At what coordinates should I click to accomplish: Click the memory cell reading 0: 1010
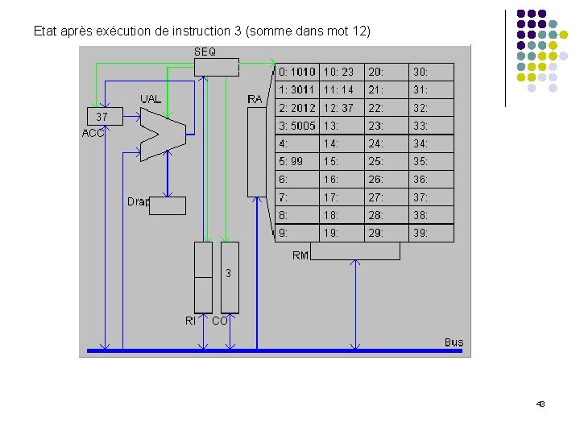pyautogui.click(x=297, y=72)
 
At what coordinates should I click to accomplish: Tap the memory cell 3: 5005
pyautogui.click(x=297, y=126)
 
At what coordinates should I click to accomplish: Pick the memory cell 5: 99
pyautogui.click(x=297, y=161)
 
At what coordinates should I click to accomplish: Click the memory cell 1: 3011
pyautogui.click(x=297, y=89)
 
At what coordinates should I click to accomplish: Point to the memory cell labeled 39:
pyautogui.click(x=432, y=233)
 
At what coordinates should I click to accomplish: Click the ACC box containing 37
pyautogui.click(x=102, y=118)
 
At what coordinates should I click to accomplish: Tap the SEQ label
pyautogui.click(x=205, y=52)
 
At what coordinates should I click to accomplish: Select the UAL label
pyautogui.click(x=151, y=99)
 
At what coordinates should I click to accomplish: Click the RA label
pyautogui.click(x=255, y=99)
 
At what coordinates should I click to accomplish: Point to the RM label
pyautogui.click(x=300, y=255)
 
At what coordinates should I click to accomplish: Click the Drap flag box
pyautogui.click(x=168, y=205)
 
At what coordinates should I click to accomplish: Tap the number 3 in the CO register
pyautogui.click(x=229, y=273)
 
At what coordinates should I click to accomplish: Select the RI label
pyautogui.click(x=190, y=321)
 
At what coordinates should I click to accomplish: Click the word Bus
pyautogui.click(x=454, y=342)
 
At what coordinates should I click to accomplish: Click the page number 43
pyautogui.click(x=541, y=404)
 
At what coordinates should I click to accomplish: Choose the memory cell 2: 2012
pyautogui.click(x=297, y=108)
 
